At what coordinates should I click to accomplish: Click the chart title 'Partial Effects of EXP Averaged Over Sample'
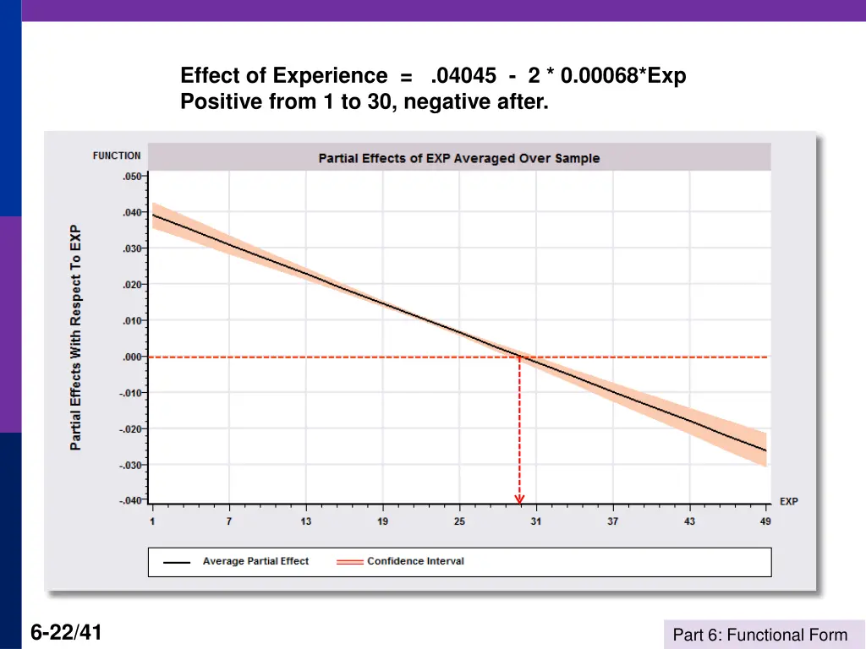[x=458, y=158]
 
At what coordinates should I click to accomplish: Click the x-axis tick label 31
[x=536, y=521]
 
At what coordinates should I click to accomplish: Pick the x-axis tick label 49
[x=765, y=521]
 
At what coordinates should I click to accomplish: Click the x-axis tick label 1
[x=152, y=521]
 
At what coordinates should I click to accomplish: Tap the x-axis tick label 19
[x=382, y=521]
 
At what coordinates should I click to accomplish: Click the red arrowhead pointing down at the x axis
[x=519, y=499]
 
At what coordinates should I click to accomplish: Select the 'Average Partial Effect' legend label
[x=255, y=561]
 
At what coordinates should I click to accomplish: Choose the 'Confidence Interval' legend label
[x=415, y=561]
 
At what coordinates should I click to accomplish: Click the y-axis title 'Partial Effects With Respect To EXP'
[x=76, y=337]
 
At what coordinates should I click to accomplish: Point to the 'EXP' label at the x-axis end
[x=788, y=501]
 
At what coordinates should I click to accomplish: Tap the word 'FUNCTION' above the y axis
[x=117, y=155]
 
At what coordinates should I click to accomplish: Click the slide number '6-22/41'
[x=66, y=632]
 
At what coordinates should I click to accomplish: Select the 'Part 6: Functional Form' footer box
[x=759, y=635]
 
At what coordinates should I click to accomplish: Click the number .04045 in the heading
[x=463, y=76]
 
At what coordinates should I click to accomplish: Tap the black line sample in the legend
[x=177, y=562]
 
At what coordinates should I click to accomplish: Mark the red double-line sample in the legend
[x=349, y=562]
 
